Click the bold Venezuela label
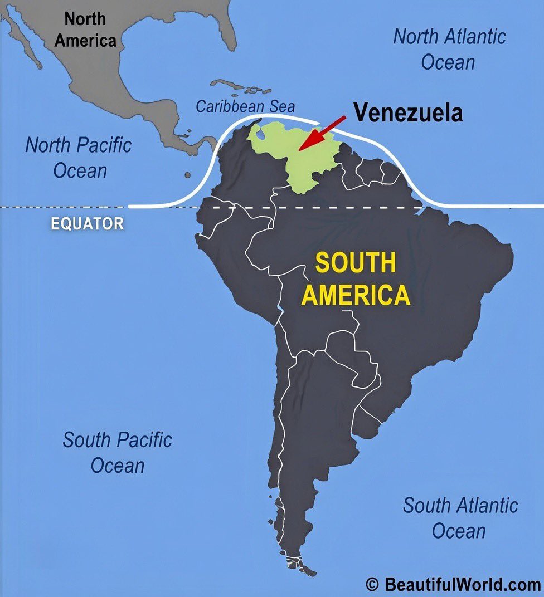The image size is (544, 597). [408, 113]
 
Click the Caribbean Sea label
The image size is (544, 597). [245, 106]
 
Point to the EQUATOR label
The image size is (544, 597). [88, 224]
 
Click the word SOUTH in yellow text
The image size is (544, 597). [356, 263]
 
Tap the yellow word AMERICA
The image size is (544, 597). [356, 295]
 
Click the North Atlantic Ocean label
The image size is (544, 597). [449, 49]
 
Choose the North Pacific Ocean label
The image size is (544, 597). [79, 158]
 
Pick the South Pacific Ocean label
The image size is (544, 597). [117, 452]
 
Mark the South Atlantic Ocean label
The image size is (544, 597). [460, 518]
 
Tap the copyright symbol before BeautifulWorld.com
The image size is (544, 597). [372, 584]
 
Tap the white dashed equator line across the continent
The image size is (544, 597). [334, 207]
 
